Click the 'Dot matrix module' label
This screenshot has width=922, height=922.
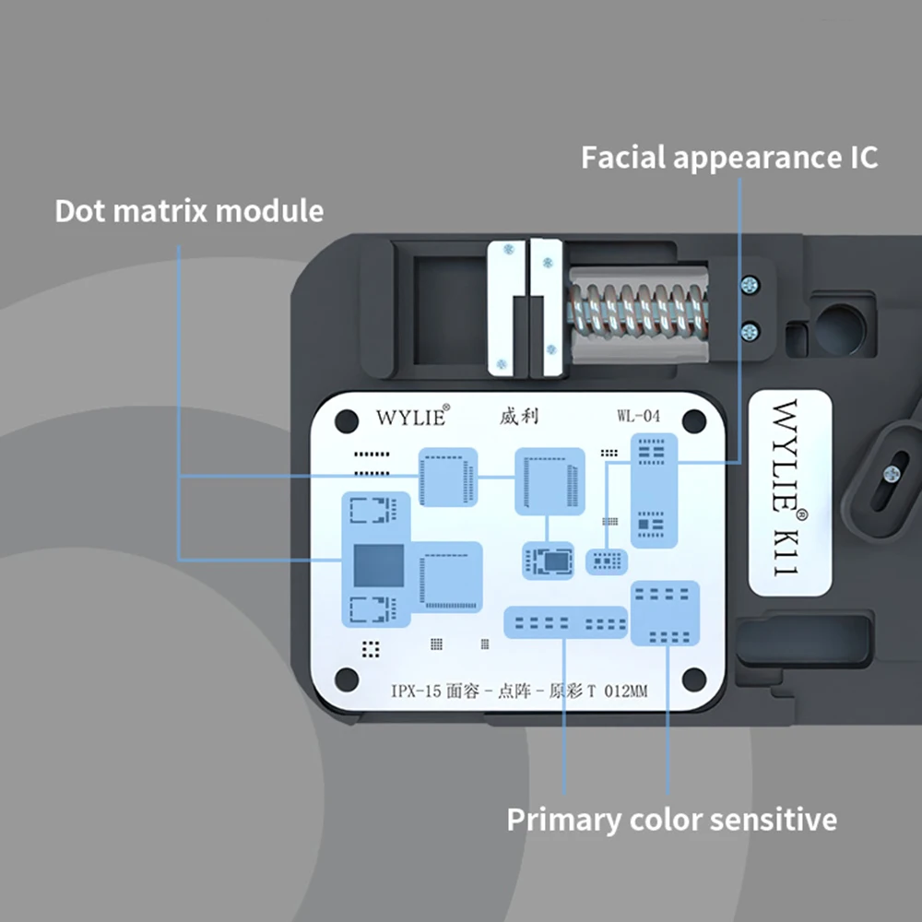[189, 210]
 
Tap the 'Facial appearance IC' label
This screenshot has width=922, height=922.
[729, 157]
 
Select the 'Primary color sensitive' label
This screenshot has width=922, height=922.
[672, 819]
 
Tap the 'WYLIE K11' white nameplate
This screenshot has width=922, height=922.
[788, 494]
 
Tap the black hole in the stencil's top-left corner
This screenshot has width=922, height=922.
[346, 420]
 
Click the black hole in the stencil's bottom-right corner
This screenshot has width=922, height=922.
[694, 680]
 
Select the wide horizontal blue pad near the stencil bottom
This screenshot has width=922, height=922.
[565, 622]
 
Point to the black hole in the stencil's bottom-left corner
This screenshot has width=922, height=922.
[346, 680]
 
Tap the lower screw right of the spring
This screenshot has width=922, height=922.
[750, 329]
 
